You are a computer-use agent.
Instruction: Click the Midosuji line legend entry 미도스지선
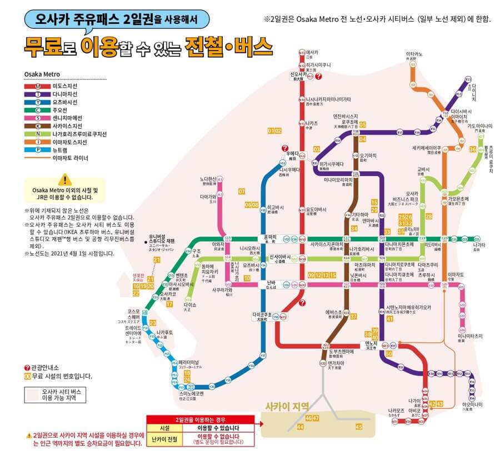click(x=66, y=87)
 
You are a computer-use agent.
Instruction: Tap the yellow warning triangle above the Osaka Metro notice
click(x=65, y=179)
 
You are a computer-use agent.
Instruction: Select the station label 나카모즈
click(x=395, y=411)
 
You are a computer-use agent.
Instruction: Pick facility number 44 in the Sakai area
click(x=300, y=427)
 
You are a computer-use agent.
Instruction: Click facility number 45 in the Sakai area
click(x=358, y=426)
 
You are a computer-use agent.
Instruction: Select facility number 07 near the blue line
click(x=241, y=192)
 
